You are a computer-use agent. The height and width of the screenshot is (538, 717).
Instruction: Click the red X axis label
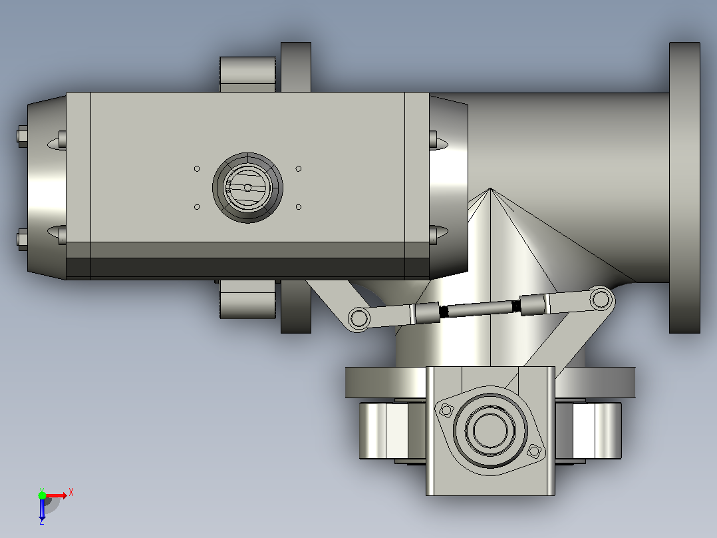pos(71,493)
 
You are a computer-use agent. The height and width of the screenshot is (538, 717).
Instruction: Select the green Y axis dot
pos(42,495)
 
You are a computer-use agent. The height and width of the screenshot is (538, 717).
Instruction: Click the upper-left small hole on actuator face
pos(197,169)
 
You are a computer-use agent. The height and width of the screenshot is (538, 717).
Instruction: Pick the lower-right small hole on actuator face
pos(299,207)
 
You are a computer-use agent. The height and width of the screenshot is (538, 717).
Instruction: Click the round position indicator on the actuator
pos(247,188)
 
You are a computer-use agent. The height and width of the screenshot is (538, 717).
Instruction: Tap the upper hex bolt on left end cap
pos(22,136)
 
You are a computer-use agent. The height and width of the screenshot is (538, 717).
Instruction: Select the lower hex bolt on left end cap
pos(22,240)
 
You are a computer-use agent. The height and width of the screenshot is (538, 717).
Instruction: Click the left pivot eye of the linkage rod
pos(359,318)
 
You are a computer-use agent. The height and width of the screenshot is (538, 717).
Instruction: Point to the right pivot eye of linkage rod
pos(601,300)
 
